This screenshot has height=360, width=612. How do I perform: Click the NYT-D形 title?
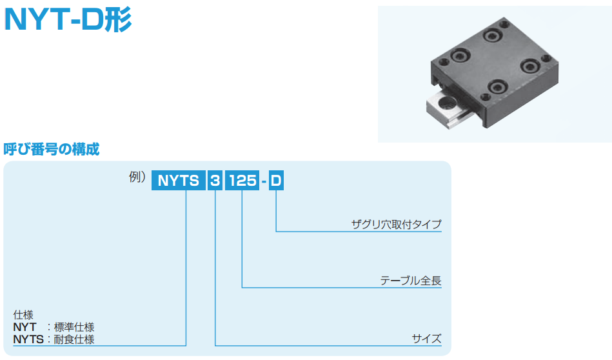pyautogui.click(x=68, y=19)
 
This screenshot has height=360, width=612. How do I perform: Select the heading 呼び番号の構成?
pyautogui.click(x=52, y=149)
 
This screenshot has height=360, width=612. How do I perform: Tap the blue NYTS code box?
pyautogui.click(x=179, y=181)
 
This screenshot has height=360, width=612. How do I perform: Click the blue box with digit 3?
pyautogui.click(x=215, y=181)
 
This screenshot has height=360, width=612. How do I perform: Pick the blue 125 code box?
pyautogui.click(x=242, y=181)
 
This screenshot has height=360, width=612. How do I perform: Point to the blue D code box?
pyautogui.click(x=276, y=181)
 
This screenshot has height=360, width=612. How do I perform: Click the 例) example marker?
pyautogui.click(x=137, y=177)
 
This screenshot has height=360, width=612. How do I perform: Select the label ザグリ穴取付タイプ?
pyautogui.click(x=396, y=224)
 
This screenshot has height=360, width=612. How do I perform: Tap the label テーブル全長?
pyautogui.click(x=411, y=281)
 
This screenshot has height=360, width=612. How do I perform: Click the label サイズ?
pyautogui.click(x=427, y=338)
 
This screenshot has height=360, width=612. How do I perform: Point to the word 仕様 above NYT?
pyautogui.click(x=23, y=315)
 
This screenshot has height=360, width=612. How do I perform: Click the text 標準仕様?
pyautogui.click(x=74, y=327)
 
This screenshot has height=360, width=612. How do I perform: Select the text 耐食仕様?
pyautogui.click(x=74, y=339)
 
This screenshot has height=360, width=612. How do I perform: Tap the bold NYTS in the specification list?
pyautogui.click(x=28, y=339)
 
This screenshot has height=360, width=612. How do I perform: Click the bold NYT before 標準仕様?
pyautogui.click(x=25, y=327)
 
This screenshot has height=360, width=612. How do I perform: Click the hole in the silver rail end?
pyautogui.click(x=446, y=103)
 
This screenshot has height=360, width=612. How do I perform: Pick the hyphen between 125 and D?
pyautogui.click(x=264, y=181)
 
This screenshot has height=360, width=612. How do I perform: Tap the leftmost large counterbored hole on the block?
pyautogui.click(x=459, y=55)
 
